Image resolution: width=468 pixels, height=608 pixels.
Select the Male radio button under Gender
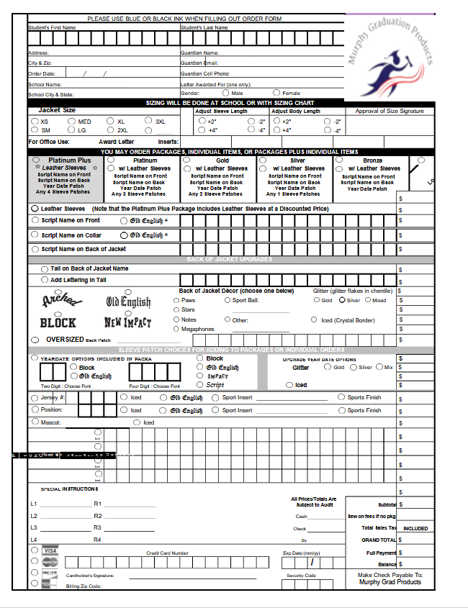point(225,93)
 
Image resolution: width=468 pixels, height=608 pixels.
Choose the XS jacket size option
point(35,122)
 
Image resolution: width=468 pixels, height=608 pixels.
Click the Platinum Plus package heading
point(69,160)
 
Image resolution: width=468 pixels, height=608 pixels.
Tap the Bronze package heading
point(372,160)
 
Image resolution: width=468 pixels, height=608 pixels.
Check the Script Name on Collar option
point(35,235)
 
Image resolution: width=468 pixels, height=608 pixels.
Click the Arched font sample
point(58,300)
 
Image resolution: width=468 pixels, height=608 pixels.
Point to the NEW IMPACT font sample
point(127,322)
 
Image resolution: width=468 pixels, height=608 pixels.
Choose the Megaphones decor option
point(176,329)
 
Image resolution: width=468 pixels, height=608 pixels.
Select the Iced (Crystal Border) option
point(315,320)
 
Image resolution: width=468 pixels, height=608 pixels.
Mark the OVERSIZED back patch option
point(35,339)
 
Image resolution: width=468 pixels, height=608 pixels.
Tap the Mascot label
point(50,422)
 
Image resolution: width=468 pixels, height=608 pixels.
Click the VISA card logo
point(50,550)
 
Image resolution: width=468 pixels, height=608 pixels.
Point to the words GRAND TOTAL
point(379,540)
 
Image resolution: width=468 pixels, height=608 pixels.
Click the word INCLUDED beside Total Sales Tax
point(415,528)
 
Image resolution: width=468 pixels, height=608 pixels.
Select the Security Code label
point(301,576)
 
